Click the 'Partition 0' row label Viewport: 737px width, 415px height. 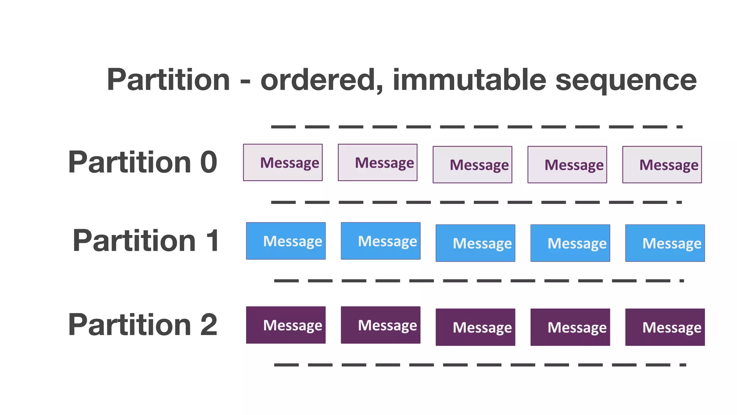[143, 162]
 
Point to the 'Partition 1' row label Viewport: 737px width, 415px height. [146, 241]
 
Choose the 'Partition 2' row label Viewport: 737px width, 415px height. [143, 325]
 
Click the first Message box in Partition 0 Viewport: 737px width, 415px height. [283, 162]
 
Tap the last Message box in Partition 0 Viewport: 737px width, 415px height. [662, 165]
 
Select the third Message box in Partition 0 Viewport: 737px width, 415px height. [472, 165]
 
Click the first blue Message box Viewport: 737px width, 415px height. [286, 241]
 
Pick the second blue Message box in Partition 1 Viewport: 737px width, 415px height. [380, 241]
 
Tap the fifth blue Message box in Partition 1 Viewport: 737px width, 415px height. [665, 243]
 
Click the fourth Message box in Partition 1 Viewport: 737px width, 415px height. [570, 243]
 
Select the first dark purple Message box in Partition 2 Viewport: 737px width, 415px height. [286, 325]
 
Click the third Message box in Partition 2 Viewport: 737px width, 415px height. [475, 327]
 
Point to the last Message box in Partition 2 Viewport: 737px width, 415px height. [665, 327]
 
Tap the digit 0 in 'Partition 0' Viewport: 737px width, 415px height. [209, 162]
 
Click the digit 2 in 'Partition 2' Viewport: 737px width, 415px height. [209, 325]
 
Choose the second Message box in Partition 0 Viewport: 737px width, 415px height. [377, 162]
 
